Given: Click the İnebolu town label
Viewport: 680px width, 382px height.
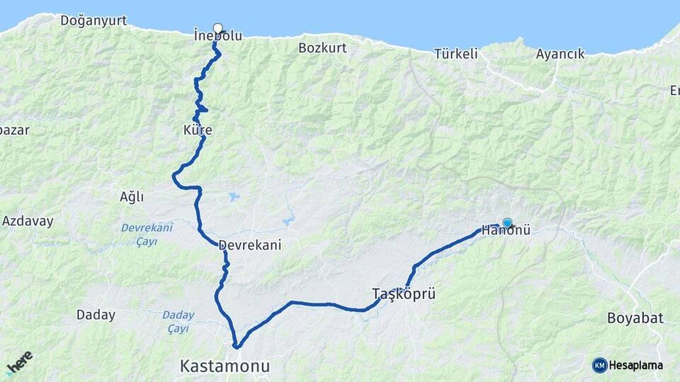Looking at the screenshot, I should (x=217, y=35).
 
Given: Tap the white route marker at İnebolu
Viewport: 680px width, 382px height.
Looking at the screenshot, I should (x=217, y=28).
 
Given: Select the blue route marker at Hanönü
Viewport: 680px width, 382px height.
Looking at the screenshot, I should (x=507, y=222).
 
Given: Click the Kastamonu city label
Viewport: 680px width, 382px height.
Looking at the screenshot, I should (x=225, y=366).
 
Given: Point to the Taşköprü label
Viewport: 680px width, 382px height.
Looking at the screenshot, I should (x=403, y=293).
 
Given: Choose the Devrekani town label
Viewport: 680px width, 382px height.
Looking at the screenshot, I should (x=250, y=245).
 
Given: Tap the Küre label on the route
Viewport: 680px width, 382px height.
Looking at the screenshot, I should (x=198, y=130).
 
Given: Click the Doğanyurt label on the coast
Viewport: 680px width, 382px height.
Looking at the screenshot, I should (x=93, y=21).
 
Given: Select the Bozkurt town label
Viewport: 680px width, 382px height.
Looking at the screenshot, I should (x=322, y=47).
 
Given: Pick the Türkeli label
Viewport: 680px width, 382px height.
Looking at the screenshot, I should (x=456, y=53).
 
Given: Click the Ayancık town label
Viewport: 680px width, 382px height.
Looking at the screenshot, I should (x=560, y=53).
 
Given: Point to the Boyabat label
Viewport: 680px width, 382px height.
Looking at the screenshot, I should (x=635, y=318).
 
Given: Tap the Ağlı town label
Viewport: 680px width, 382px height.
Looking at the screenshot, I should (x=132, y=197).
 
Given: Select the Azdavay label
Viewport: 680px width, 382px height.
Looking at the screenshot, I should (x=28, y=221).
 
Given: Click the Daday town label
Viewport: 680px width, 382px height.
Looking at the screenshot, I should (x=96, y=315).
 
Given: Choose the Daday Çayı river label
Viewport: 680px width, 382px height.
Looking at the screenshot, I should (x=178, y=321).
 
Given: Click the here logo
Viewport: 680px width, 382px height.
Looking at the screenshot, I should (x=19, y=362).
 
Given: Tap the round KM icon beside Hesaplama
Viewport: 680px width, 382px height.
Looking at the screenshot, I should (x=599, y=365).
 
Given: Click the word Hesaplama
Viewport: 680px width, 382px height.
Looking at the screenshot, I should (x=636, y=366).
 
